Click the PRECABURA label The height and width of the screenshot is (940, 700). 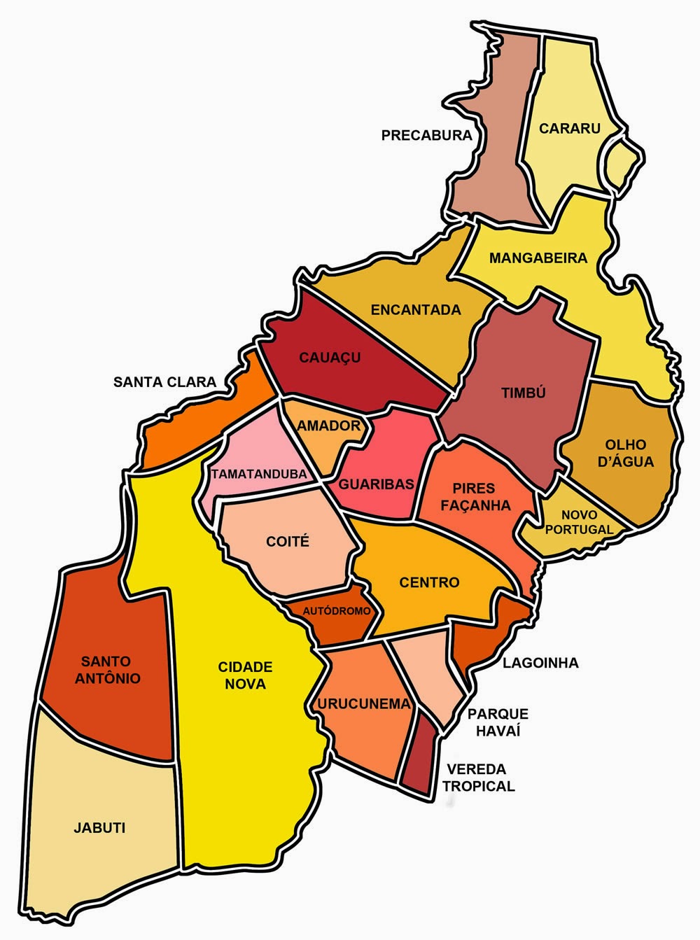(x=427, y=135)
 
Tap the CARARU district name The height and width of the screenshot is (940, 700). (x=560, y=128)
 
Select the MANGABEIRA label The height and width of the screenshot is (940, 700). (x=538, y=258)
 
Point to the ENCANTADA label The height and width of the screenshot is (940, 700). (x=416, y=309)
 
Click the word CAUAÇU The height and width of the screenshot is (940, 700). (x=330, y=358)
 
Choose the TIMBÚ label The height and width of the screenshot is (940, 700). (x=523, y=393)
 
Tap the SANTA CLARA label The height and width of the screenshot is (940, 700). (x=165, y=382)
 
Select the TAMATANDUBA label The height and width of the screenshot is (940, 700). (x=259, y=474)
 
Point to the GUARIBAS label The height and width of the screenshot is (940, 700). (x=377, y=484)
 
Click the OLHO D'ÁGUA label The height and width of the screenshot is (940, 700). (x=629, y=453)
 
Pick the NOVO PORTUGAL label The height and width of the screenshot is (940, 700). (x=579, y=522)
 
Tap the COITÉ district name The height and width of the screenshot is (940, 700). (x=288, y=542)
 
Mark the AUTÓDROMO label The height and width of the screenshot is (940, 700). (x=337, y=611)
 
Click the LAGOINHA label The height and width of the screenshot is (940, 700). (x=540, y=663)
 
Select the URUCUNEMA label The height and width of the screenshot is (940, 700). (x=363, y=704)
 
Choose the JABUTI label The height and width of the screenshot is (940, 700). (x=99, y=827)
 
